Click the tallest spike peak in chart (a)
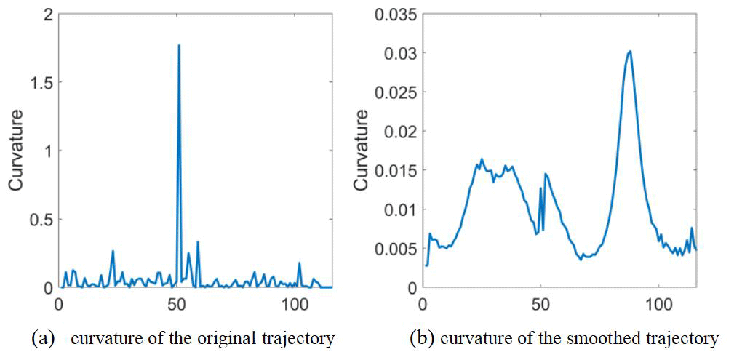point(179,46)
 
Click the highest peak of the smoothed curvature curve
point(630,51)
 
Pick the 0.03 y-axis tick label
point(400,53)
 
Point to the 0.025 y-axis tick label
point(396,92)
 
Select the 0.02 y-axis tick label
point(400,132)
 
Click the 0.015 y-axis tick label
point(396,170)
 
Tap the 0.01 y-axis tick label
point(400,209)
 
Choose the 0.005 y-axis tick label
point(396,249)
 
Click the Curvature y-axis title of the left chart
point(15,151)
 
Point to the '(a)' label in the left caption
point(41,338)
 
